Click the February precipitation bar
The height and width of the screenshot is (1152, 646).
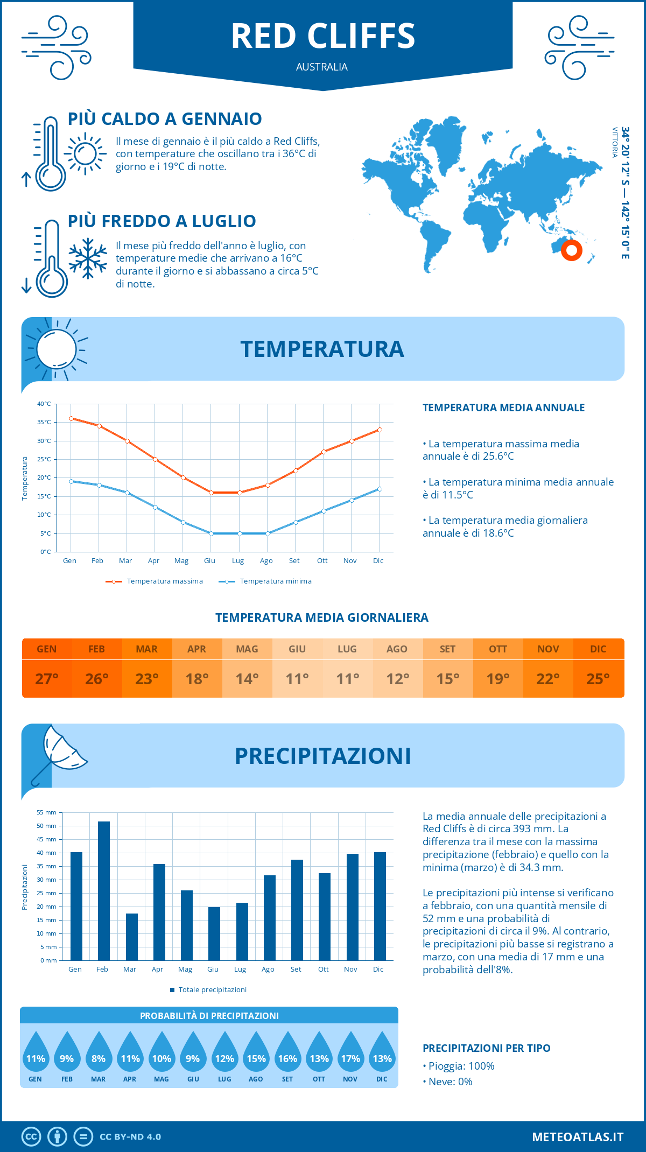click(103, 891)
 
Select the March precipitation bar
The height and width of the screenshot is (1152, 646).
click(131, 937)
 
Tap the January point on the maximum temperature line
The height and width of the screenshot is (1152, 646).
click(71, 418)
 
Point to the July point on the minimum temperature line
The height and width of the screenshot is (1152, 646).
click(240, 533)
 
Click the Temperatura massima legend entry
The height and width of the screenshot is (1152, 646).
click(155, 581)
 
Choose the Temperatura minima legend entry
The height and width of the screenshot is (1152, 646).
click(265, 581)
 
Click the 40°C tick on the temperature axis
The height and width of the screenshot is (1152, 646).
click(44, 404)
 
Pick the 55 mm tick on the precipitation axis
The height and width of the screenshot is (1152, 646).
click(46, 812)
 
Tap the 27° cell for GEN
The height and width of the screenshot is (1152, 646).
click(47, 679)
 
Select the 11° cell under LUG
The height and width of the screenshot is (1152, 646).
click(347, 679)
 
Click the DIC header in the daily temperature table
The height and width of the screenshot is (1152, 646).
click(598, 649)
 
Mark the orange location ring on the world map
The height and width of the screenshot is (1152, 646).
click(571, 250)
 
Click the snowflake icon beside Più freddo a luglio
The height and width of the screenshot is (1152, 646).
click(88, 258)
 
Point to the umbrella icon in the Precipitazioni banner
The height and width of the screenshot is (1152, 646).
click(59, 754)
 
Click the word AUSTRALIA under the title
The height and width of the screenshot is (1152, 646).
click(322, 67)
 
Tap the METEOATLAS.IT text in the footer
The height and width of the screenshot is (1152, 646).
click(578, 1137)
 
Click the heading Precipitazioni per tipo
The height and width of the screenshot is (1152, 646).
click(486, 1048)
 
